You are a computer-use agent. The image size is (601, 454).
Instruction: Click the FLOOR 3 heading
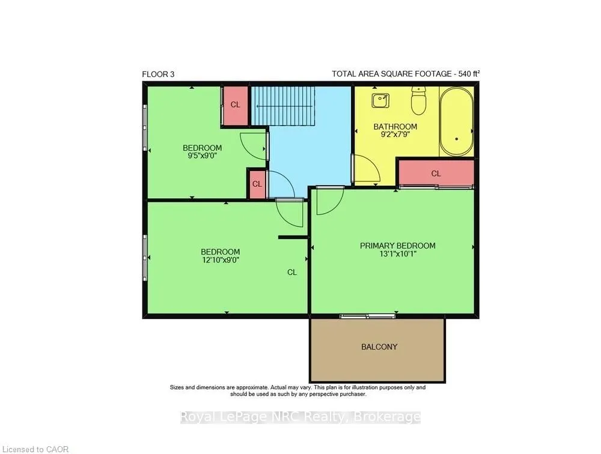tap(158, 74)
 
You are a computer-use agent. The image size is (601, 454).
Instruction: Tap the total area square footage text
tap(406, 74)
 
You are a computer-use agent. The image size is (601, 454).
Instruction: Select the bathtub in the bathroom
tap(456, 122)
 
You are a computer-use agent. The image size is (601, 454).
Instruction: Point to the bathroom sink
tap(380, 100)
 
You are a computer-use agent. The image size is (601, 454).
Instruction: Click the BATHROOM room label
tap(395, 127)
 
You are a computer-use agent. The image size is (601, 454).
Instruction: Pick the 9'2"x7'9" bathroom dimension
tap(395, 135)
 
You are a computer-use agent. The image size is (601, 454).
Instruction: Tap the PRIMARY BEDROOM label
tap(397, 246)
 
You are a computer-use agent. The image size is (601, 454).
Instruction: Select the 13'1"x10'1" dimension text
tap(397, 255)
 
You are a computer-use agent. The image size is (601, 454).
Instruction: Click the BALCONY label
tap(379, 347)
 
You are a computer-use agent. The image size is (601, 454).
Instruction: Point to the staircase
tap(283, 106)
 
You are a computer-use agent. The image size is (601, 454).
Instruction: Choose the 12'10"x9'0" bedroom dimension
tap(220, 261)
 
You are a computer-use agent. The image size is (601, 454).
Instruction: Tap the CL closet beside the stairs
tap(236, 104)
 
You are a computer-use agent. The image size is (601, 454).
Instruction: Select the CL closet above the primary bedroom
tap(436, 174)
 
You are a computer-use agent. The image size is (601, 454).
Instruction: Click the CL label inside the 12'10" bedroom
tap(291, 272)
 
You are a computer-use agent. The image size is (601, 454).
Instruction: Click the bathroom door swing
tap(365, 169)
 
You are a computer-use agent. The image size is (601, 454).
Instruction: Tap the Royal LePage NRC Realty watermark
tap(300, 417)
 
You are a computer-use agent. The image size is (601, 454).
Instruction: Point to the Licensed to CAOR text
tap(27, 449)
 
